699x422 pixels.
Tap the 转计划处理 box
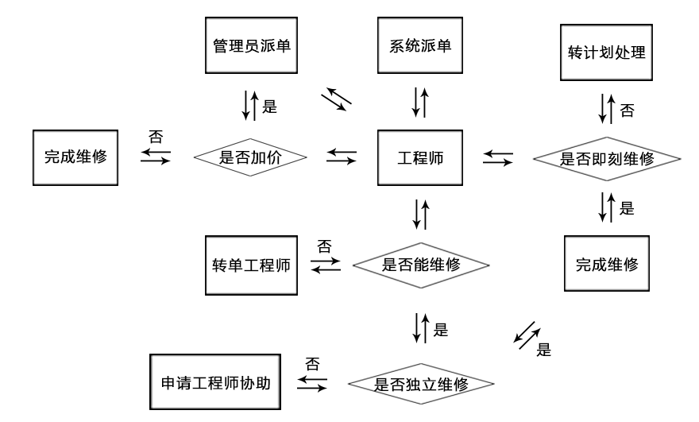click(606, 55)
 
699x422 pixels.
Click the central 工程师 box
click(420, 157)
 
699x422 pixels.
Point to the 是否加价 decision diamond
click(251, 157)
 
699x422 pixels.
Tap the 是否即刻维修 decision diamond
click(607, 158)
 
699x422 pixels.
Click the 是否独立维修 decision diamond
click(421, 384)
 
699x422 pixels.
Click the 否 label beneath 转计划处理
click(628, 110)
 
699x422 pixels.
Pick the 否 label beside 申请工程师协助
click(314, 365)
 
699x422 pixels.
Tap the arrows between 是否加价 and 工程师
click(341, 157)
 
